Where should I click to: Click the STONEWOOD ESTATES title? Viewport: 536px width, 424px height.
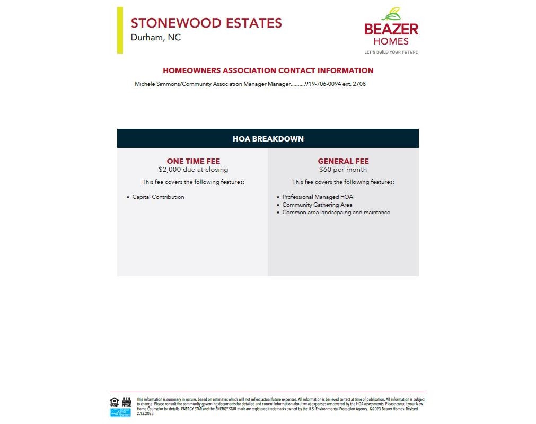pos(206,23)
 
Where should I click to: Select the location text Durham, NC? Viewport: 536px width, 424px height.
pos(156,38)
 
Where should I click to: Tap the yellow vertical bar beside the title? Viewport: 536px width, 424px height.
pos(120,30)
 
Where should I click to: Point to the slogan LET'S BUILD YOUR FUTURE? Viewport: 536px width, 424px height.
pos(391,52)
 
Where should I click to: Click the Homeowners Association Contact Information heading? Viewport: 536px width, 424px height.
pos(268,70)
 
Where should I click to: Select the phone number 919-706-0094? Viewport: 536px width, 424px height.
pos(323,84)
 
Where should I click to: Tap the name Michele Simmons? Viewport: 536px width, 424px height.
pos(157,84)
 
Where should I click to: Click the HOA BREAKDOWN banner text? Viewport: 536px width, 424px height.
pos(268,139)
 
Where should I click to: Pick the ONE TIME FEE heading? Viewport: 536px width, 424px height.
pos(193,161)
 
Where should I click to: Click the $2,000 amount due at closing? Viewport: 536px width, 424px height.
pos(193,170)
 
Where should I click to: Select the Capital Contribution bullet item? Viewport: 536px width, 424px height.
pos(158,197)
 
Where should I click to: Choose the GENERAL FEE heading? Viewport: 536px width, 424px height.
pos(343,161)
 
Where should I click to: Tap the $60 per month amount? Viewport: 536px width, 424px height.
pos(343,170)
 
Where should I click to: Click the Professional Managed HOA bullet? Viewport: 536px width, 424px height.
pos(317,197)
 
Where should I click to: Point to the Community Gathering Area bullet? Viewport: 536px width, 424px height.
pos(317,205)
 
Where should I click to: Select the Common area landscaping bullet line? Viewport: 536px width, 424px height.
pos(336,213)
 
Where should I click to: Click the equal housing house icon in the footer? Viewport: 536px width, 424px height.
pos(114,401)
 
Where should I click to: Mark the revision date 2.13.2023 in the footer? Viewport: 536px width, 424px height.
pos(145,413)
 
